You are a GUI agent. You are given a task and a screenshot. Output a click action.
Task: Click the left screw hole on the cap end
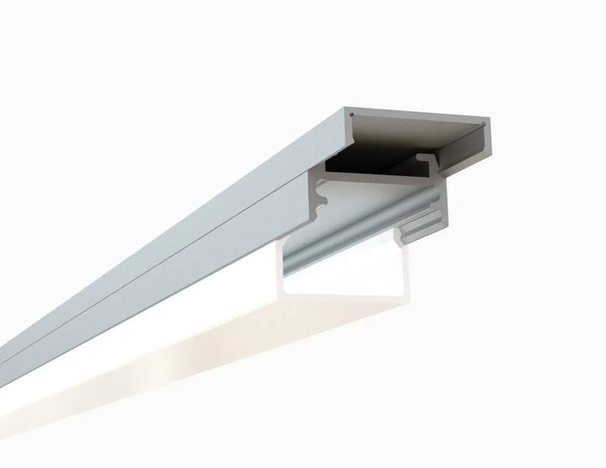pyautogui.click(x=352, y=112)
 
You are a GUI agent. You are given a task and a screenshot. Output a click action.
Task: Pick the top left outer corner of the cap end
pyautogui.click(x=346, y=107)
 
